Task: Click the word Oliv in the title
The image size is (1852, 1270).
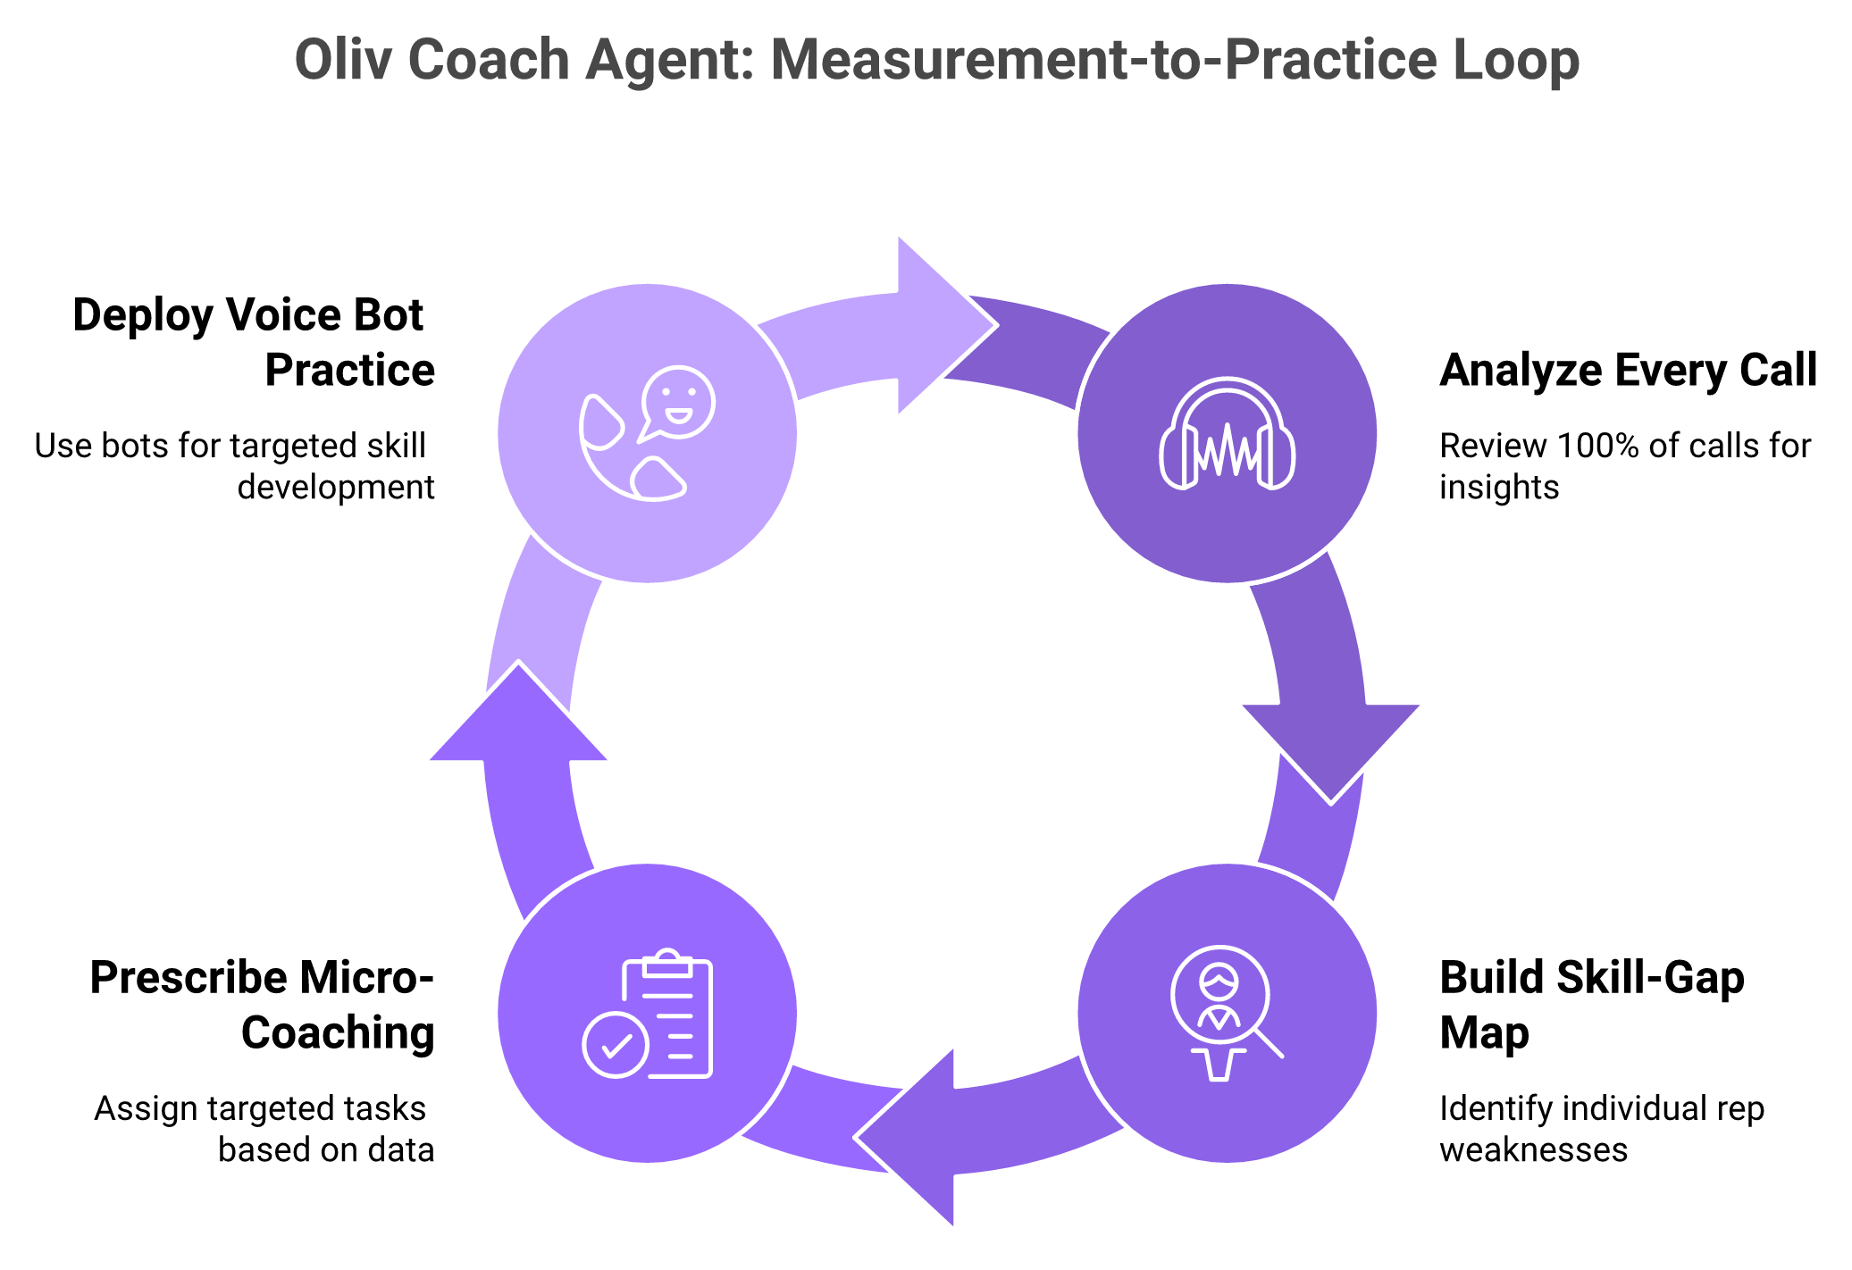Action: click(x=343, y=61)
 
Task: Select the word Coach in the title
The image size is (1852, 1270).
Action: click(x=489, y=61)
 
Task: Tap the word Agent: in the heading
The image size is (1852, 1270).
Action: click(x=670, y=61)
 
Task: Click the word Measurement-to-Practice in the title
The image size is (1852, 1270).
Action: click(x=1104, y=61)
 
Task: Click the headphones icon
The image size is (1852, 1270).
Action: click(x=1227, y=433)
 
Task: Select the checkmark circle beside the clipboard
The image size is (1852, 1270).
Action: click(x=615, y=1044)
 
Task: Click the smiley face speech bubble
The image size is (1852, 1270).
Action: click(x=678, y=402)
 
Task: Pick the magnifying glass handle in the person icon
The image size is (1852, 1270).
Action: click(x=1270, y=1044)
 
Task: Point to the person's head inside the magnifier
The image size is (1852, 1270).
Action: click(x=1219, y=981)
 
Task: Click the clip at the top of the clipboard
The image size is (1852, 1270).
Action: click(x=667, y=964)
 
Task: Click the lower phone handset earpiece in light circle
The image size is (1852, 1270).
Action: click(x=658, y=480)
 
